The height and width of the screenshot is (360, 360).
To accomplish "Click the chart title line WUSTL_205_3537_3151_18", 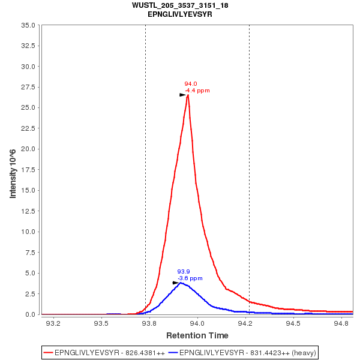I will tap(180, 5).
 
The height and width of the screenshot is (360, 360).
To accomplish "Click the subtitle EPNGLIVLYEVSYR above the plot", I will tap(180, 14).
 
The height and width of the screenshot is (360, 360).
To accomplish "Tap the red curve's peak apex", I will tap(188, 95).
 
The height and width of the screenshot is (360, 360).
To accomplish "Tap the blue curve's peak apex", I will tap(181, 283).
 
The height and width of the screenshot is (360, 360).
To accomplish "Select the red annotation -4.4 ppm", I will tap(197, 91).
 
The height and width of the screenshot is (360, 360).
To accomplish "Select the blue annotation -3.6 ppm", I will tap(190, 278).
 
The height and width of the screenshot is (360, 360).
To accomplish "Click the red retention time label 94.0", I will tap(191, 84).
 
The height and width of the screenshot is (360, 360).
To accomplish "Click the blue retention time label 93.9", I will tap(184, 272).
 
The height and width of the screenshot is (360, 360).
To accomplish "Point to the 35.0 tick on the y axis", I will tap(29, 25).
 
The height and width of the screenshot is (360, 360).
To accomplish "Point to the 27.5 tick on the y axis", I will tap(29, 87).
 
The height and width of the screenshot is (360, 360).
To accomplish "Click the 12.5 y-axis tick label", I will tap(29, 211).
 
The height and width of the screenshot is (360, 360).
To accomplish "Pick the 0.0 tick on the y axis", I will tap(32, 314).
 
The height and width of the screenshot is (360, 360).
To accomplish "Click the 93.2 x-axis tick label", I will tap(53, 323).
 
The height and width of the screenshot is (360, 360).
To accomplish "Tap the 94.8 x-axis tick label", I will tap(341, 323).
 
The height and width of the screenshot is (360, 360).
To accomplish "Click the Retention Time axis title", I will tap(197, 335).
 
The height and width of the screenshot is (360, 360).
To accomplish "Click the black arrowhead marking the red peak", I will tap(183, 95).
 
